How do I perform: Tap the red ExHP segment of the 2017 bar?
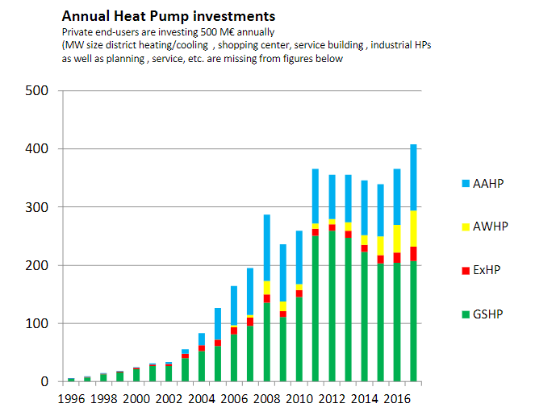[x=413, y=254]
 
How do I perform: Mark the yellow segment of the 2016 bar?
[x=397, y=239]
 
